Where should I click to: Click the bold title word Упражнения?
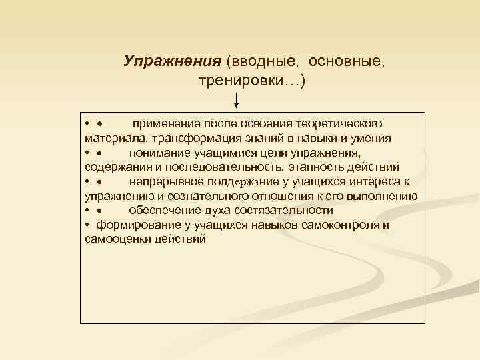[x=172, y=61]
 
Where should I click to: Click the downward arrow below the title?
[x=237, y=101]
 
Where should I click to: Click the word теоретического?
[x=340, y=124]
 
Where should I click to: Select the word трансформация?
[x=189, y=139]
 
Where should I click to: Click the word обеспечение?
[x=164, y=210]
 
